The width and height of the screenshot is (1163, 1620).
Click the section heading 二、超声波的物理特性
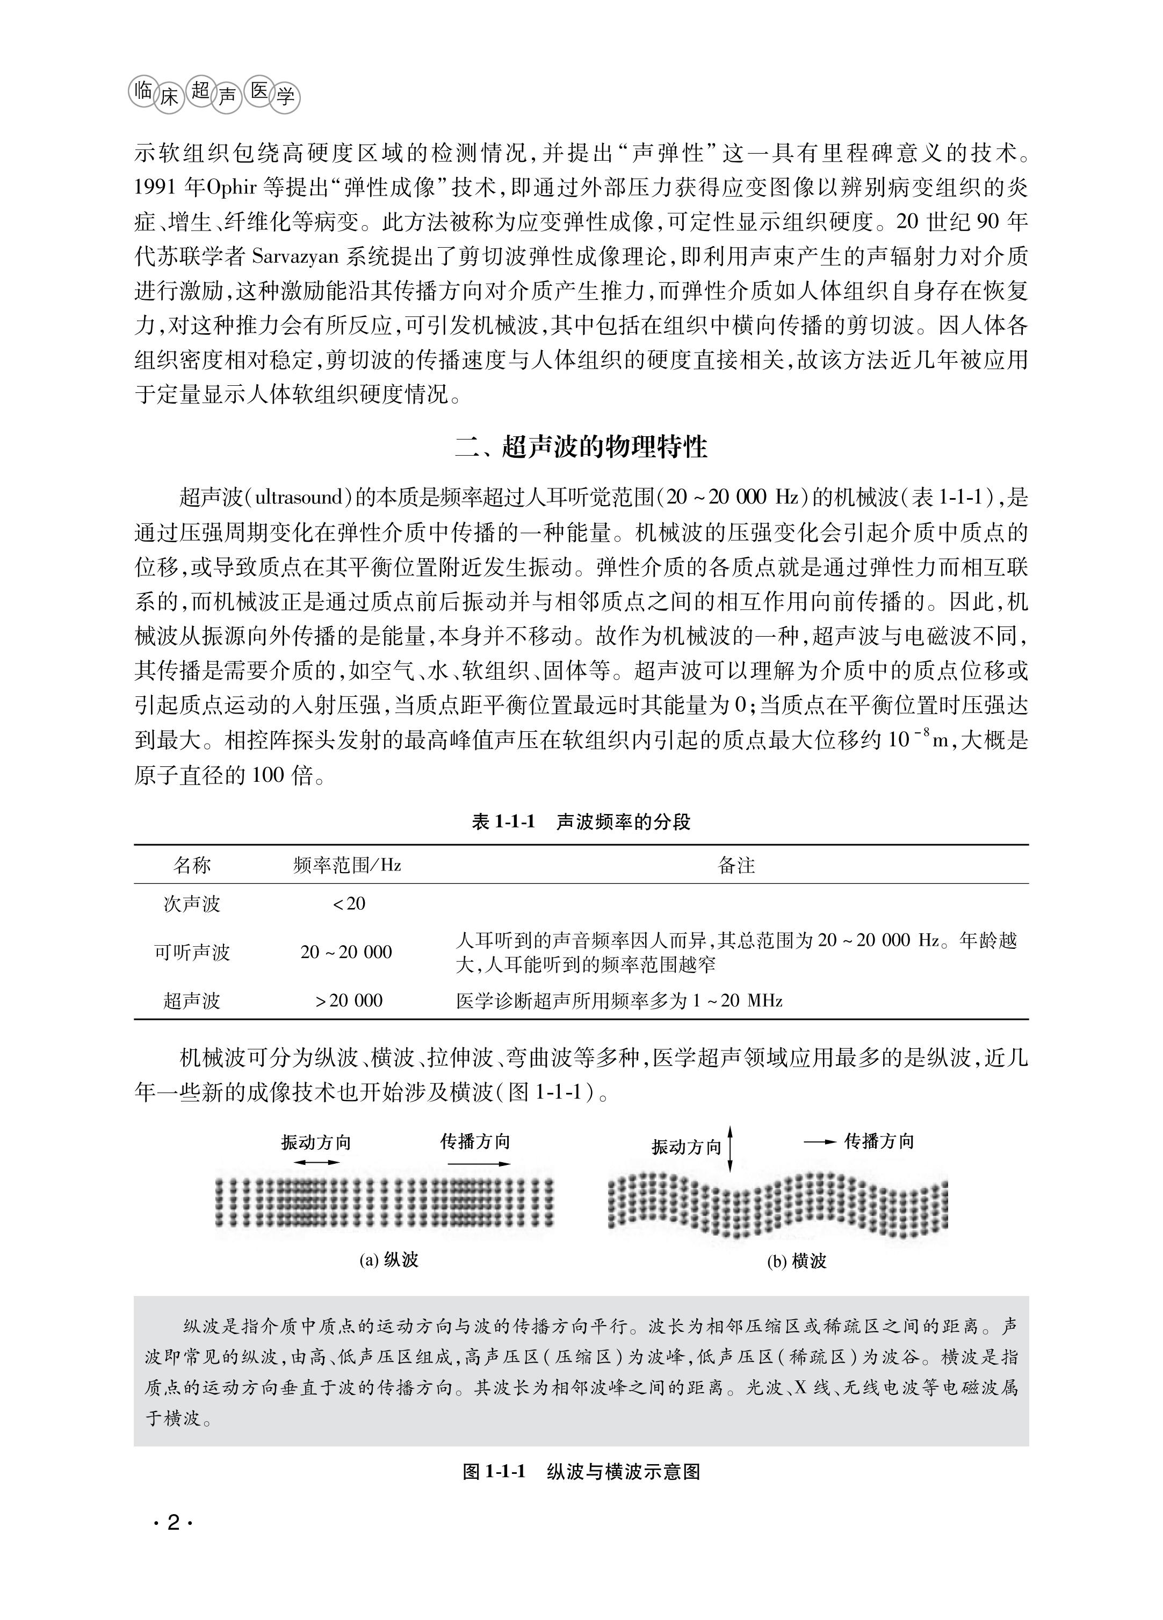point(581,447)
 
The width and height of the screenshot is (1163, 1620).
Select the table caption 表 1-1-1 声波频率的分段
point(581,822)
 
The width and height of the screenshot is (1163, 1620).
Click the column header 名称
point(192,866)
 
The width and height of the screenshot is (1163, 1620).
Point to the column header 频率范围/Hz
point(347,866)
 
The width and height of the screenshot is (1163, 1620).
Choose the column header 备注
point(736,866)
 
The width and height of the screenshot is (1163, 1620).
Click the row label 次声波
point(192,904)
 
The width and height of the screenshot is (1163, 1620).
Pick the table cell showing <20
point(349,904)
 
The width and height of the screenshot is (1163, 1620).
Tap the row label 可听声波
point(192,952)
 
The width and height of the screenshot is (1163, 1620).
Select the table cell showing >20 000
point(349,1000)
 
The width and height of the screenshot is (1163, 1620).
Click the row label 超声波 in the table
point(192,1000)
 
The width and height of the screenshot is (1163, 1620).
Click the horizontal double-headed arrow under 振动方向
point(316,1162)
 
